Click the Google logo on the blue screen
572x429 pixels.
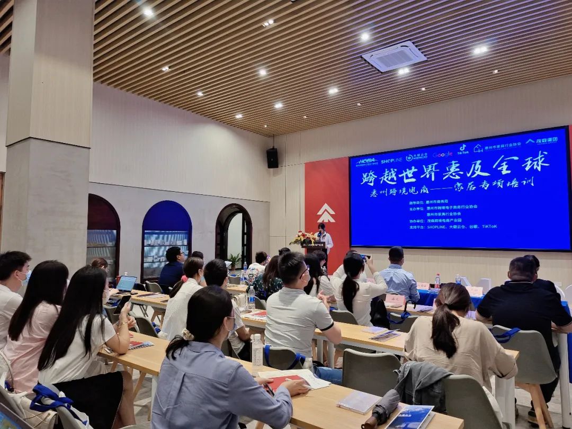pos(442,155)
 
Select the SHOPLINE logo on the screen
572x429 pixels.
pos(391,159)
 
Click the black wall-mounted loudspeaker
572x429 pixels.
pos(272,158)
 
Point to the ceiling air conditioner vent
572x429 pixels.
pos(394,56)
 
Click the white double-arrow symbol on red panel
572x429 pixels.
pos(326,213)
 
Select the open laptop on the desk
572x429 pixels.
pos(126,284)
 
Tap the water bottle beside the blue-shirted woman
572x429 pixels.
pos(257,351)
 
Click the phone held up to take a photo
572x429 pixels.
pos(364,257)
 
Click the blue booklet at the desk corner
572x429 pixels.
pos(410,417)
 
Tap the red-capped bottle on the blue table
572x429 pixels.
pos(437,281)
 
